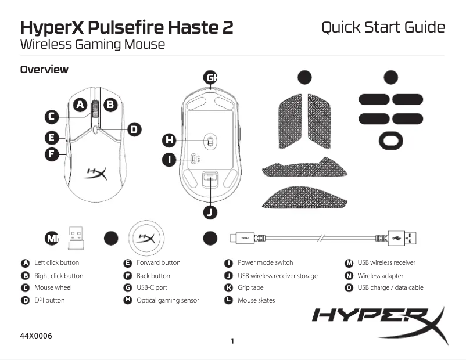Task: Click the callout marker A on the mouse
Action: [80, 105]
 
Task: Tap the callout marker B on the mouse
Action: [110, 105]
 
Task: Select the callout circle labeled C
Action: [52, 117]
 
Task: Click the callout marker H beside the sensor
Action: [169, 140]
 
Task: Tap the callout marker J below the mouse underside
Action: [210, 213]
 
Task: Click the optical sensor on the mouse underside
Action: [210, 141]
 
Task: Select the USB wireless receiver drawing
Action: [76, 235]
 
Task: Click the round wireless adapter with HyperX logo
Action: [145, 238]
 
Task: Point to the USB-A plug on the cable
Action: [404, 238]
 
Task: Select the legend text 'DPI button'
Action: [49, 300]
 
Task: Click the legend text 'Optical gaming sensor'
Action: [167, 300]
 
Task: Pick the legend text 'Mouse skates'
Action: [256, 300]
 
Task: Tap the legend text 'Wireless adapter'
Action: [380, 276]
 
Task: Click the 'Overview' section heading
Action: [44, 70]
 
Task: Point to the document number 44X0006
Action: [35, 336]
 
